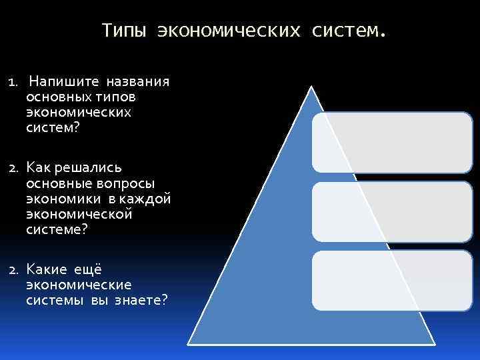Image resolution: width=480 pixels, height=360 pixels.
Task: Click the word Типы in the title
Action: (123, 31)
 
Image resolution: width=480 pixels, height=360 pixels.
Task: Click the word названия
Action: (138, 82)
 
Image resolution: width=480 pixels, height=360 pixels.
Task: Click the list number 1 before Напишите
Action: (11, 83)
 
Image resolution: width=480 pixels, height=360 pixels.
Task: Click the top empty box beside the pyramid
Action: (391, 141)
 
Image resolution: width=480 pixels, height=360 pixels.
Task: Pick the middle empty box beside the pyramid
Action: (391, 211)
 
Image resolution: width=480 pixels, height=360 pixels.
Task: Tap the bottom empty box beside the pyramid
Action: (391, 280)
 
